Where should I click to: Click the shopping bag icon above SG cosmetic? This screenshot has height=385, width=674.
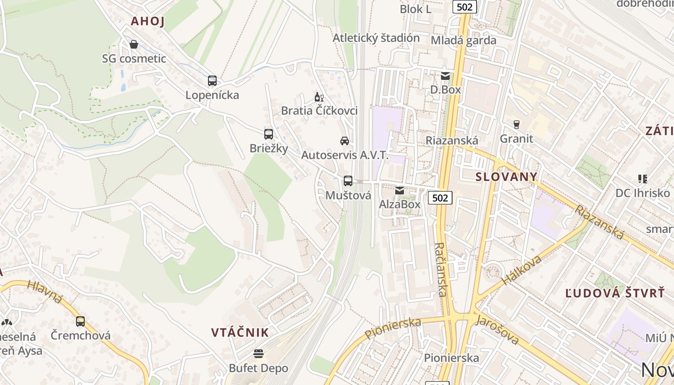(x=134, y=44)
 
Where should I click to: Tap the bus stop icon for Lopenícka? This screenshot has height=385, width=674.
(x=212, y=81)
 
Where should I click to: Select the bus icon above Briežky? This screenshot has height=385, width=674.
(x=269, y=134)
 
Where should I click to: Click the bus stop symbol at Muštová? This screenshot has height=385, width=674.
(x=348, y=181)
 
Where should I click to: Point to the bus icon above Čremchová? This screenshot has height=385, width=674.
(x=80, y=321)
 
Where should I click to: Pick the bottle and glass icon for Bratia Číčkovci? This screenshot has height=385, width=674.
(x=319, y=97)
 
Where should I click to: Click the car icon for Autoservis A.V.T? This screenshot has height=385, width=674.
(x=345, y=141)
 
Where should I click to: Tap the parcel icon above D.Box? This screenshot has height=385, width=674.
(x=445, y=76)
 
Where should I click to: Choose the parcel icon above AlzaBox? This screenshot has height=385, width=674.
(x=400, y=191)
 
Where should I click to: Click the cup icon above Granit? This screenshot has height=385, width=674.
(x=517, y=125)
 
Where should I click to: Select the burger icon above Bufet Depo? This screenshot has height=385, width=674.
(x=259, y=354)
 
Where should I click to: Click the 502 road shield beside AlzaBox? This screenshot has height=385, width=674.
(x=440, y=197)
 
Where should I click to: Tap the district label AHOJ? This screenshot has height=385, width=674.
(x=148, y=21)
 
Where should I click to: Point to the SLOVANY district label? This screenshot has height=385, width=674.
(x=506, y=177)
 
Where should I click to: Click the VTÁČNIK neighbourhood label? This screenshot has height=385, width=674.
(x=240, y=333)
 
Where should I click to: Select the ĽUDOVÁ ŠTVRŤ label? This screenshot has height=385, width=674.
(x=615, y=293)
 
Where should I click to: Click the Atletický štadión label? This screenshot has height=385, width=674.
(x=376, y=38)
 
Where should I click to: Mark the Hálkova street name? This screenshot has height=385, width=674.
(x=521, y=270)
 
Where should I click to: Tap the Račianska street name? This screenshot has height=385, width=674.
(x=441, y=269)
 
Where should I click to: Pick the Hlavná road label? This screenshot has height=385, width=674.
(x=45, y=292)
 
